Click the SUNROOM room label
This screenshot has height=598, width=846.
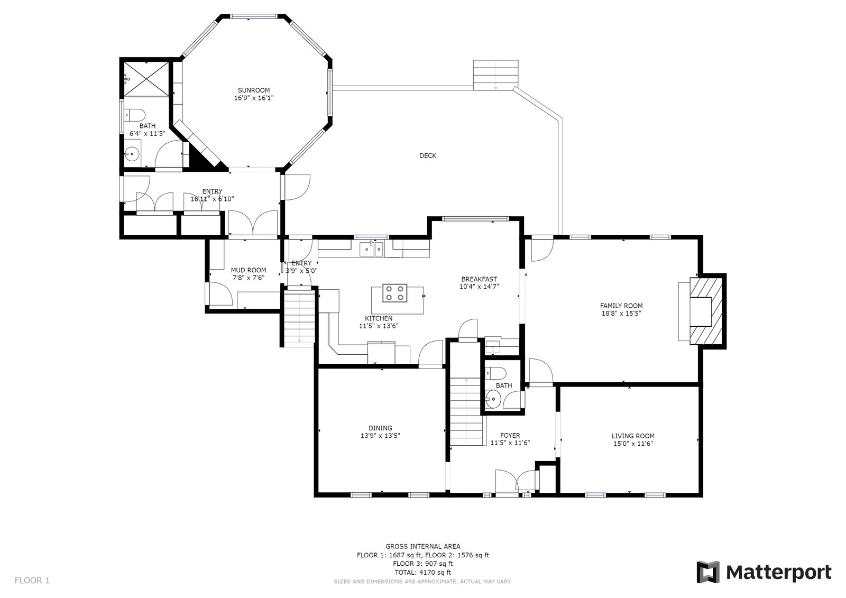point(254,90)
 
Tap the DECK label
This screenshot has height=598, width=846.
point(428,155)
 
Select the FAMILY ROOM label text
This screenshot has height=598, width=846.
point(621,306)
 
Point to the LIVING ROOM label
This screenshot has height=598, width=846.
point(633,436)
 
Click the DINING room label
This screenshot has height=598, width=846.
point(380,428)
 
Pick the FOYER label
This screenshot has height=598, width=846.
point(510,435)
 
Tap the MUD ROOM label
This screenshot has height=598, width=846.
point(249,270)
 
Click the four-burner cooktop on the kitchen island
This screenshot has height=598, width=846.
point(394,293)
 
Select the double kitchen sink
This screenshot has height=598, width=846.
point(371,250)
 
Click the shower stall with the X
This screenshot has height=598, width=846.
point(146,79)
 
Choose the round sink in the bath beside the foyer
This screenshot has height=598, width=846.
point(493,399)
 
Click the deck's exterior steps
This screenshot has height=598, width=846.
point(495,75)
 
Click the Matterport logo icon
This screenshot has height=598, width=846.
point(708,572)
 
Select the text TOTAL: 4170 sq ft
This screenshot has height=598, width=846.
point(422,572)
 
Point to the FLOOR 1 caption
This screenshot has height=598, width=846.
point(32,580)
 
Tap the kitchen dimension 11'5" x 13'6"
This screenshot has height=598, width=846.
point(379,326)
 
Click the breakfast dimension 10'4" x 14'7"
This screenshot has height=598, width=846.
point(479,287)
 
